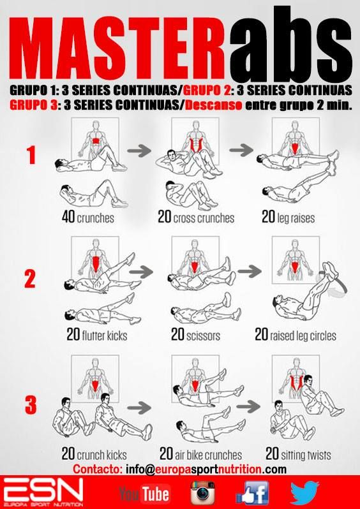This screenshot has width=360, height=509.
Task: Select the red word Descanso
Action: coord(213,105)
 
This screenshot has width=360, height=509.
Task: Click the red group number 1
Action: coord(31,155)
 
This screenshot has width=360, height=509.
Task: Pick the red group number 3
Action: coord(30,405)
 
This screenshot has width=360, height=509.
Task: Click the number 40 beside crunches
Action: coord(68,217)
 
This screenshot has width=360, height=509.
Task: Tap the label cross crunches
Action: coord(204,218)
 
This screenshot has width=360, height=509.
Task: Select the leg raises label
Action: coord(296,218)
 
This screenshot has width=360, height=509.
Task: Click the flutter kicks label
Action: coord(105,336)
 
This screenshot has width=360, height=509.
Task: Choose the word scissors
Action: coord(204,336)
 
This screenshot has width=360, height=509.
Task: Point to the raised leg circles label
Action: coord(303,336)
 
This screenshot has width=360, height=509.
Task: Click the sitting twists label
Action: coord(306,454)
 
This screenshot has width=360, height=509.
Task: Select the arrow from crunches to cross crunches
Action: coord(139,151)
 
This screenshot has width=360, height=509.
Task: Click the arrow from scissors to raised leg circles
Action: coord(249,271)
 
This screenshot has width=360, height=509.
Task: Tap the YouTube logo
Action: coord(144,493)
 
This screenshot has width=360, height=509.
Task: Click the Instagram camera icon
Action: coord(203,493)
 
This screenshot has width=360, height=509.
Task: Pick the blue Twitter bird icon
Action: coord(304,493)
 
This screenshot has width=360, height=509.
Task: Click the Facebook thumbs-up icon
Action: coord(252,493)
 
